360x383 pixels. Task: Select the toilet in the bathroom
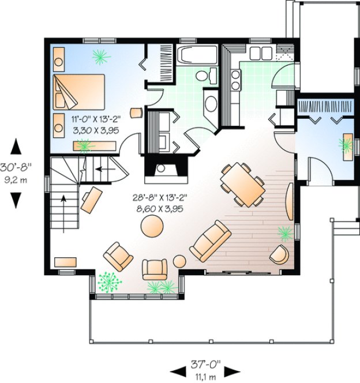pyautogui.click(x=202, y=76)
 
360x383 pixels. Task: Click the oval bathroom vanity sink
pyautogui.click(x=211, y=106)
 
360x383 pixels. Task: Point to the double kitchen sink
pyautogui.click(x=261, y=52)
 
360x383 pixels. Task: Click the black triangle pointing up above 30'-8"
pyautogui.click(x=16, y=144)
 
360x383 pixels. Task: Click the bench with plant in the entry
pyautogui.click(x=348, y=146)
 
